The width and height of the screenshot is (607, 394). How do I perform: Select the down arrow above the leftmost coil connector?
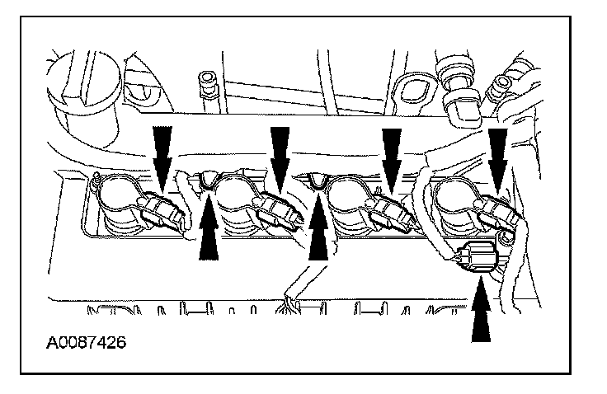[161, 150]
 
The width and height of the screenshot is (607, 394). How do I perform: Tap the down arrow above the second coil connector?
[280, 150]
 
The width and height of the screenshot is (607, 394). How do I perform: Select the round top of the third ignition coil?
[351, 196]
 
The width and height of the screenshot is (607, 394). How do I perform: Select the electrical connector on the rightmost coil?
[498, 213]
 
